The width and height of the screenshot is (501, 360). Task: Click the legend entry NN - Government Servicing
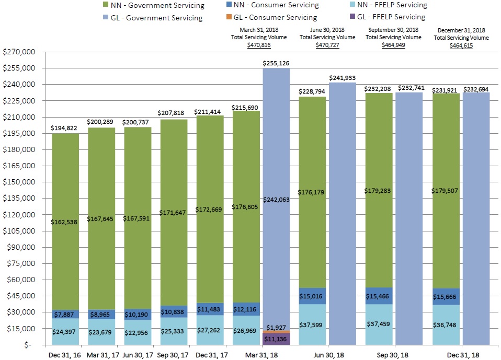pos(157,5)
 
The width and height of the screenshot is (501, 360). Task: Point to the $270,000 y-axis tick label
pos(19,52)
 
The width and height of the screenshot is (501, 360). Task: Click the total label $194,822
pos(65,127)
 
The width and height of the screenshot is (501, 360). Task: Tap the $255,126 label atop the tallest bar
pos(276,63)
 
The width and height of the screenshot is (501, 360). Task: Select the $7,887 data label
pos(65,314)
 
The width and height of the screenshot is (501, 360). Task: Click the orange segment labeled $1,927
pos(276,331)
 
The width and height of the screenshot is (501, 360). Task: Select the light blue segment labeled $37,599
pos(312,324)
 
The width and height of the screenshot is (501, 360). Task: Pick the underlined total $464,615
pos(461,45)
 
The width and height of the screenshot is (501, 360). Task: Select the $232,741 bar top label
pos(412,88)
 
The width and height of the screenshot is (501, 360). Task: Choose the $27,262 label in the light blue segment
pos(210,330)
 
